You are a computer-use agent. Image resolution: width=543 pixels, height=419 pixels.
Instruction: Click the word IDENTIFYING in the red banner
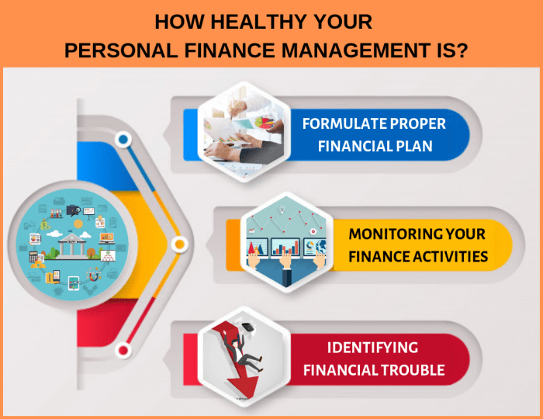372,348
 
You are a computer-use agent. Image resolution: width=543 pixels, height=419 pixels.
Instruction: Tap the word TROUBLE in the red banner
413,370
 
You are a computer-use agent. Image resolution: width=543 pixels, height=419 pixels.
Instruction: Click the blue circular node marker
123,140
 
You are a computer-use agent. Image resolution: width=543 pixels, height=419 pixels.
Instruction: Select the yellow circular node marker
179,244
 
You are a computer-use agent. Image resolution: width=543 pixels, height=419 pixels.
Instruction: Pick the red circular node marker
123,350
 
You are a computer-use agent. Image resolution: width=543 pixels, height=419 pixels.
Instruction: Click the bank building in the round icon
72,246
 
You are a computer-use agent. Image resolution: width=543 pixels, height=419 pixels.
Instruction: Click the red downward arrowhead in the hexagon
243,387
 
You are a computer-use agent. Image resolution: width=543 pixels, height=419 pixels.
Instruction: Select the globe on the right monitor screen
320,247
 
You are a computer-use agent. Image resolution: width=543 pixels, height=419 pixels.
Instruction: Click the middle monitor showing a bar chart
285,247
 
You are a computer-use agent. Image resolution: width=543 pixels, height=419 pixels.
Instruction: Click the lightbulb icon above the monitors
281,209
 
